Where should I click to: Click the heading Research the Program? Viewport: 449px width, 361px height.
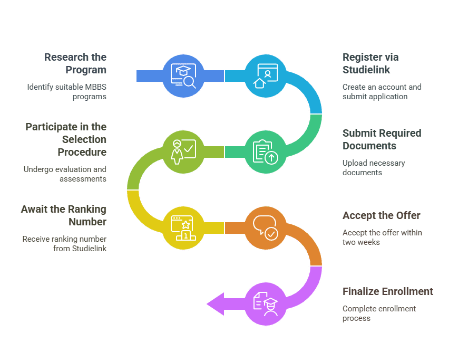pos(75,63)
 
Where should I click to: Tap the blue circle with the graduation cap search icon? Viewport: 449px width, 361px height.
pos(183,76)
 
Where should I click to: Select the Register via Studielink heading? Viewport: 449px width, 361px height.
pos(370,63)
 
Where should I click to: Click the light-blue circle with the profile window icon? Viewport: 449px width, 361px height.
pos(266,76)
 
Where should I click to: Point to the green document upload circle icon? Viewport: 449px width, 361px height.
pos(266,152)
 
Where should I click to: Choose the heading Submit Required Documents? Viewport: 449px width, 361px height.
pos(382,139)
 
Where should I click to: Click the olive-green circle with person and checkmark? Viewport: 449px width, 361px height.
pos(183,152)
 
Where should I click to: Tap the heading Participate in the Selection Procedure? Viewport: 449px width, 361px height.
pos(66,139)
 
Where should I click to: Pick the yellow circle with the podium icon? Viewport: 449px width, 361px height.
pos(183,228)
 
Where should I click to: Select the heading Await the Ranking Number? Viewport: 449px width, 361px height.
pos(64,215)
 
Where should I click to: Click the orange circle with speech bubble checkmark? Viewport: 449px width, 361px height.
pos(266,228)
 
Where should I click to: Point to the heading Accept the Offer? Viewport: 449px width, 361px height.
pos(382,215)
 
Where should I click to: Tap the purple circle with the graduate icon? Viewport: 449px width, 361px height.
pos(266,304)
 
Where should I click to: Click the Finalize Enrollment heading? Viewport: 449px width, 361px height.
pos(388,291)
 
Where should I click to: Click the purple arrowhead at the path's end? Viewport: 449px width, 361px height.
pos(216,304)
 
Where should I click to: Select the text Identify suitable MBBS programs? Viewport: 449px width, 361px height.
pos(67,92)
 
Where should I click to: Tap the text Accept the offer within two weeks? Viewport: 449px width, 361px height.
pos(382,237)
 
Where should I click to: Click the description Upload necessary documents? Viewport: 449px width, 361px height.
pos(374,168)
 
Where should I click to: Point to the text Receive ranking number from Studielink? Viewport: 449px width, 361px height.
pos(64,244)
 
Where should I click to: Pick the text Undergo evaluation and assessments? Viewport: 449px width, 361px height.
pos(65,174)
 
